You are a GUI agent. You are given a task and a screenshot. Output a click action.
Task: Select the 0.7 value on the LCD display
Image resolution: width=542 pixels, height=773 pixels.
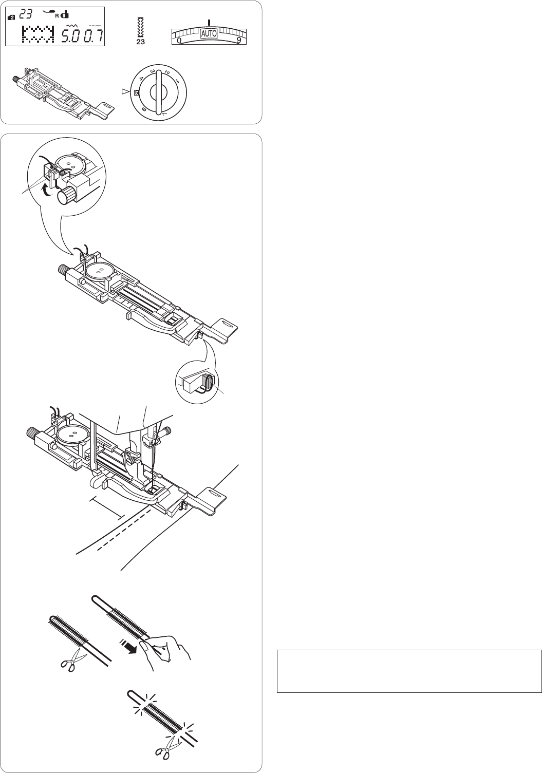pos(92,35)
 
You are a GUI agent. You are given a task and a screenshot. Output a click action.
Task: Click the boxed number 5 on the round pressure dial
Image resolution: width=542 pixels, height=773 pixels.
pos(136,92)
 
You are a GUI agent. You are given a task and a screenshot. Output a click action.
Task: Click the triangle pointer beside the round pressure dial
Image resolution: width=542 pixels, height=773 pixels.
pos(125,92)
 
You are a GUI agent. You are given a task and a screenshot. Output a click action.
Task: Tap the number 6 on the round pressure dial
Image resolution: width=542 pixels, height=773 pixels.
pos(144,109)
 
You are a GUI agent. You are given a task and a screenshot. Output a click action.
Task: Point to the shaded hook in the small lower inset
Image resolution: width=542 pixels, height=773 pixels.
pos(207,382)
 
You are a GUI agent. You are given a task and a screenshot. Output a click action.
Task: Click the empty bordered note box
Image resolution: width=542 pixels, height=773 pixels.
pos(409,671)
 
